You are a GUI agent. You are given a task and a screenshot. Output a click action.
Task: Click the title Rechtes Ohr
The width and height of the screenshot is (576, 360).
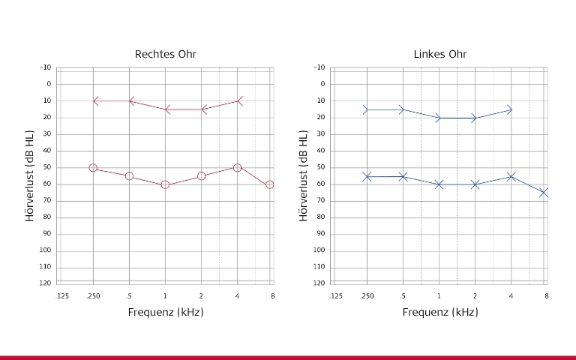pos(166,54)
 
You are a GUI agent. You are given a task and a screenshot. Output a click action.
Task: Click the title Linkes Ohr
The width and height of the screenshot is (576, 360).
pos(439,54)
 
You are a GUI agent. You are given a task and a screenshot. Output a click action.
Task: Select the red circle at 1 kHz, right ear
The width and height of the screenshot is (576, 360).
pos(165,184)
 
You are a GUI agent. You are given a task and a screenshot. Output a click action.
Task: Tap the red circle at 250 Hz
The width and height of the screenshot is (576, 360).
pos(93,168)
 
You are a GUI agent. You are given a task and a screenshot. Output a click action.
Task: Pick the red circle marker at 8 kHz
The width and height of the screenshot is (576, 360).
pos(270,184)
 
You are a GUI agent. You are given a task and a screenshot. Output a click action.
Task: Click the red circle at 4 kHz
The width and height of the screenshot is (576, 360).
pos(237,168)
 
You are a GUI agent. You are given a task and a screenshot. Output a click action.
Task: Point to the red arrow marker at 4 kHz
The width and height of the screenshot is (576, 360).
pos(238,100)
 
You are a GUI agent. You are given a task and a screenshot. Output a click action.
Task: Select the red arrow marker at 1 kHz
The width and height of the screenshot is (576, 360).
pos(166,109)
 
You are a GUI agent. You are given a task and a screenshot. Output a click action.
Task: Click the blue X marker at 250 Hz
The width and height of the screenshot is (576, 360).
pos(367,176)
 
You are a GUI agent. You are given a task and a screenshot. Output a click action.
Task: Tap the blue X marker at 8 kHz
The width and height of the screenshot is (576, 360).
pos(545,193)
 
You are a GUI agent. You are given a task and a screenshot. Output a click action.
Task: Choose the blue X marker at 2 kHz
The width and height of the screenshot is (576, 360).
pos(475,184)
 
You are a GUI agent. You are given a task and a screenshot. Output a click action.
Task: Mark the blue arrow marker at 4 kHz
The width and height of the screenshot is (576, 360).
pos(510,109)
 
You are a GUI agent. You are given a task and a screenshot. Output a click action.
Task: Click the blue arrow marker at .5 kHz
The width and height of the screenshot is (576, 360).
pos(402,109)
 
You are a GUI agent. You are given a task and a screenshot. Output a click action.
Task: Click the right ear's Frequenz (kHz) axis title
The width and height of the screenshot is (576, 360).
pos(166,312)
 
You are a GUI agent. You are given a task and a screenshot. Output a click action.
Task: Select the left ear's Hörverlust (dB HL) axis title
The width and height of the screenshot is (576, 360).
pos(304,175)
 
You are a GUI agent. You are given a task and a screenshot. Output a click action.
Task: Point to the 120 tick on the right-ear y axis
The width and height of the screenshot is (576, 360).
pos(46,283)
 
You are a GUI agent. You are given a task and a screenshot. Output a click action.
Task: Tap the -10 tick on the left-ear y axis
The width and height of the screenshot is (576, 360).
pos(319,67)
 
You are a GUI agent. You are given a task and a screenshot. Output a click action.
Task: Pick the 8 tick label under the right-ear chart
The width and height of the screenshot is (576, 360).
pos(272,296)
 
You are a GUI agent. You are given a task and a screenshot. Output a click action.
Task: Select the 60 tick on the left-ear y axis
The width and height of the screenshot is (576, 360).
pos(321,184)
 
